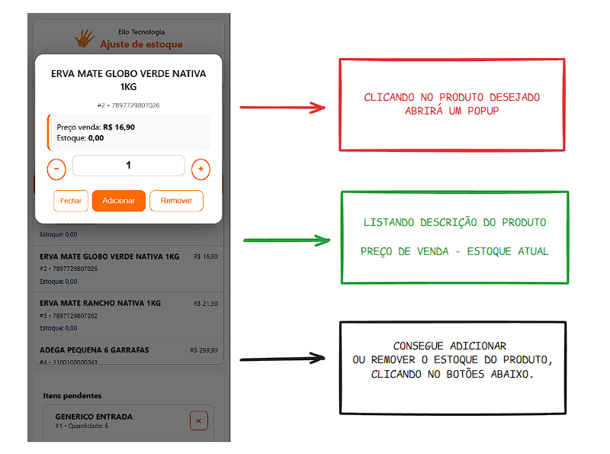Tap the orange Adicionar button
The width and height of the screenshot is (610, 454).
[119, 201]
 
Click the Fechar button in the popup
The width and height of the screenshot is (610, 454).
[71, 201]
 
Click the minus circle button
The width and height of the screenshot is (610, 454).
[56, 169]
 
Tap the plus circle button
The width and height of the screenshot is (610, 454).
[201, 169]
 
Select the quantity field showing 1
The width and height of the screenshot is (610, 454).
[128, 166]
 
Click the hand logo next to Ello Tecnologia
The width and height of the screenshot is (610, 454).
[85, 39]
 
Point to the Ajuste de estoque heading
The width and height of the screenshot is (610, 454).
[141, 44]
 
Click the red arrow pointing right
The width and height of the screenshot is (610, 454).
[282, 108]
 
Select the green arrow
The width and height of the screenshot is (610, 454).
[287, 240]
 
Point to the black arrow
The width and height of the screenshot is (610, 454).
[282, 359]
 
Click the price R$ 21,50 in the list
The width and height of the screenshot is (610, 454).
[206, 304]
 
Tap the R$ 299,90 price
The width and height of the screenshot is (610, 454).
[204, 350]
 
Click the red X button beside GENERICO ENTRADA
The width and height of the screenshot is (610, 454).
[199, 421]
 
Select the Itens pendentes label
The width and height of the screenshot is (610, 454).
[72, 395]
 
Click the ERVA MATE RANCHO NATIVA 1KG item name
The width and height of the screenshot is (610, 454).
[100, 304]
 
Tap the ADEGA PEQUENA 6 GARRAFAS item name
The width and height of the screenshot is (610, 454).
[94, 350]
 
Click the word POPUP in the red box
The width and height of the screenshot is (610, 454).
[483, 111]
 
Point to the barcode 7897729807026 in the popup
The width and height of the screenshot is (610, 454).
[136, 105]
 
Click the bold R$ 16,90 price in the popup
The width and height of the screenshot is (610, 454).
[119, 127]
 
